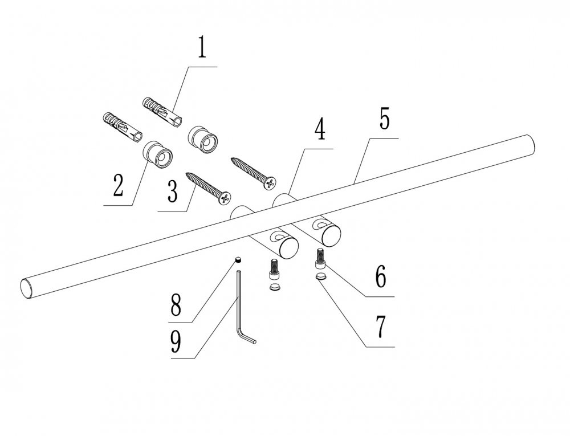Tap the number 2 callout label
[118, 185]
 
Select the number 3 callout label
[172, 192]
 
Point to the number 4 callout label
[319, 130]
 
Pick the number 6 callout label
[380, 277]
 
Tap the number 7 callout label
[380, 327]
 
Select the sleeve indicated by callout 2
[157, 154]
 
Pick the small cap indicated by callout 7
[321, 278]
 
